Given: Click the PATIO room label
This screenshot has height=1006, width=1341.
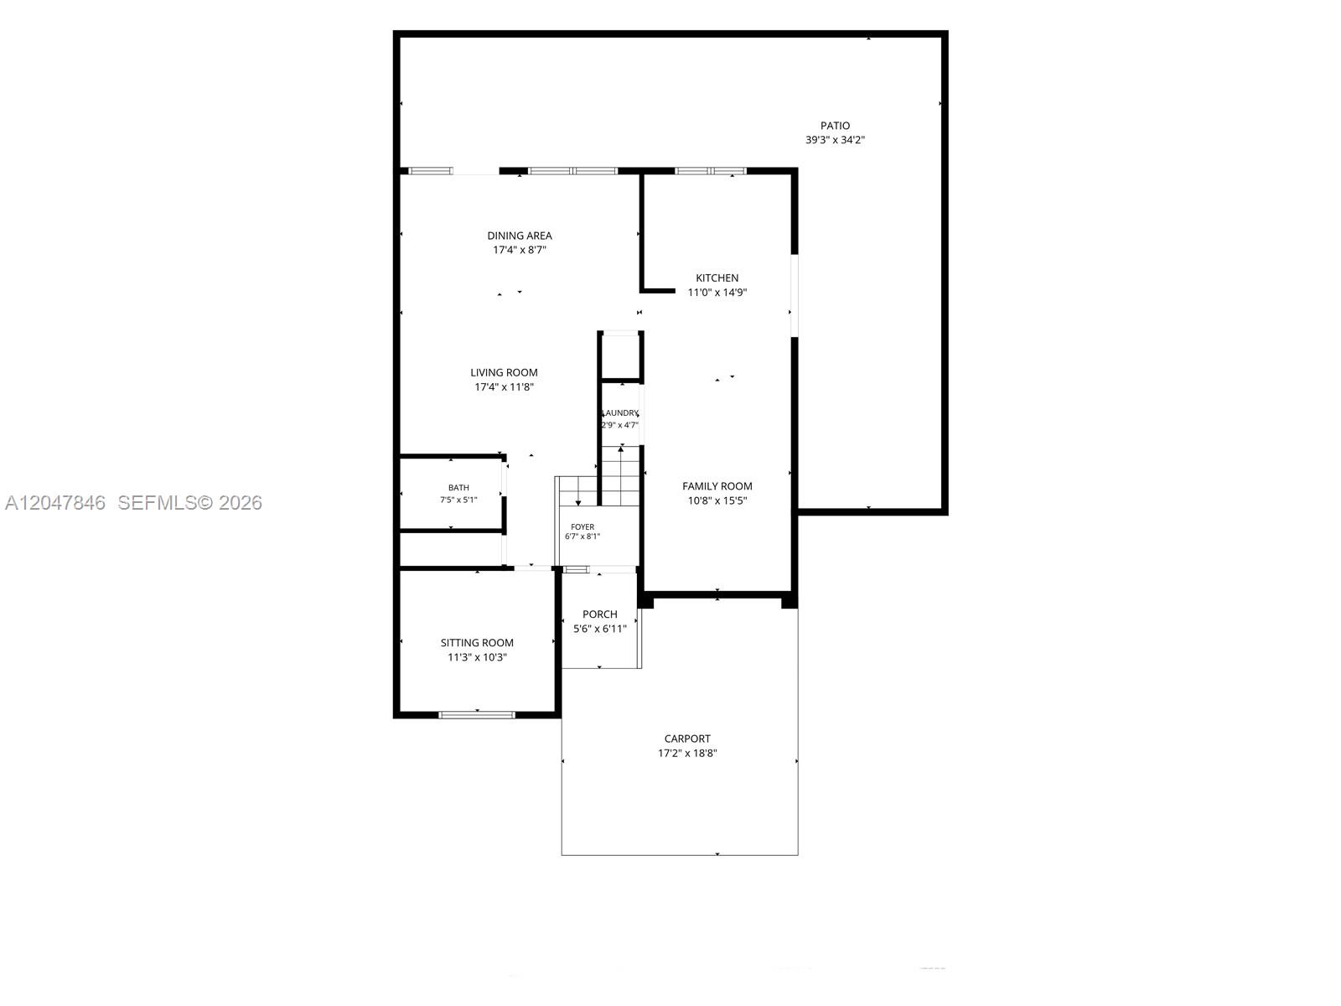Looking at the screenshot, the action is [835, 126].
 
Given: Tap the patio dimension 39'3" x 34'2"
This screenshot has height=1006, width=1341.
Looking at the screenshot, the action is [835, 140].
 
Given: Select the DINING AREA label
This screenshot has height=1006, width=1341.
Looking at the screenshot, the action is [520, 236].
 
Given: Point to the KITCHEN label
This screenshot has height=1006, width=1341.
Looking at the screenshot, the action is [717, 278].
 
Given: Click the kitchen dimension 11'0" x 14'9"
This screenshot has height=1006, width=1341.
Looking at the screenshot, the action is [717, 293].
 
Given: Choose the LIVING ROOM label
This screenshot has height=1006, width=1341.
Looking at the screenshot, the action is [504, 372].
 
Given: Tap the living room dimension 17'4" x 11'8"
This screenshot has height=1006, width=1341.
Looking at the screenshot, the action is [504, 387].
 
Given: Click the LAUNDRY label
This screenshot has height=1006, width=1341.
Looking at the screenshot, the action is [621, 413].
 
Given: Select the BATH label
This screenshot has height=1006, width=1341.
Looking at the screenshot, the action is [458, 488].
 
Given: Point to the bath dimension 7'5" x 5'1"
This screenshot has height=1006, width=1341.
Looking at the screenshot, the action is [458, 500].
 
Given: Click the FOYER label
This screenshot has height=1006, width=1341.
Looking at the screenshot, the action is [582, 527].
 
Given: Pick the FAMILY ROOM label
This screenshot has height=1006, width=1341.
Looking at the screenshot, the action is [717, 486].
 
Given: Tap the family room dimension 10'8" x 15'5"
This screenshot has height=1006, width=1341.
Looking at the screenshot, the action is [717, 500].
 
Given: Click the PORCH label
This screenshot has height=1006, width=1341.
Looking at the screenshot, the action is [599, 614].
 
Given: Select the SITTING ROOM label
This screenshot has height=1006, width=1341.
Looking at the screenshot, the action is [477, 643].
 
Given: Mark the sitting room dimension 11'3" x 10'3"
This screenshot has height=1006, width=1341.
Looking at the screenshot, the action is [477, 658].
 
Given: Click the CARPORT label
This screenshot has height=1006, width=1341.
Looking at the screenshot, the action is [687, 739].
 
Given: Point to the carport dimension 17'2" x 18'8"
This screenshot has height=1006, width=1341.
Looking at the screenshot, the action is [687, 754].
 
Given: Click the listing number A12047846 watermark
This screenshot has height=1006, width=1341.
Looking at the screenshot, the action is [55, 503].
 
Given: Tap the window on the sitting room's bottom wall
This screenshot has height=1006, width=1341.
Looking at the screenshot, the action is [477, 714].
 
